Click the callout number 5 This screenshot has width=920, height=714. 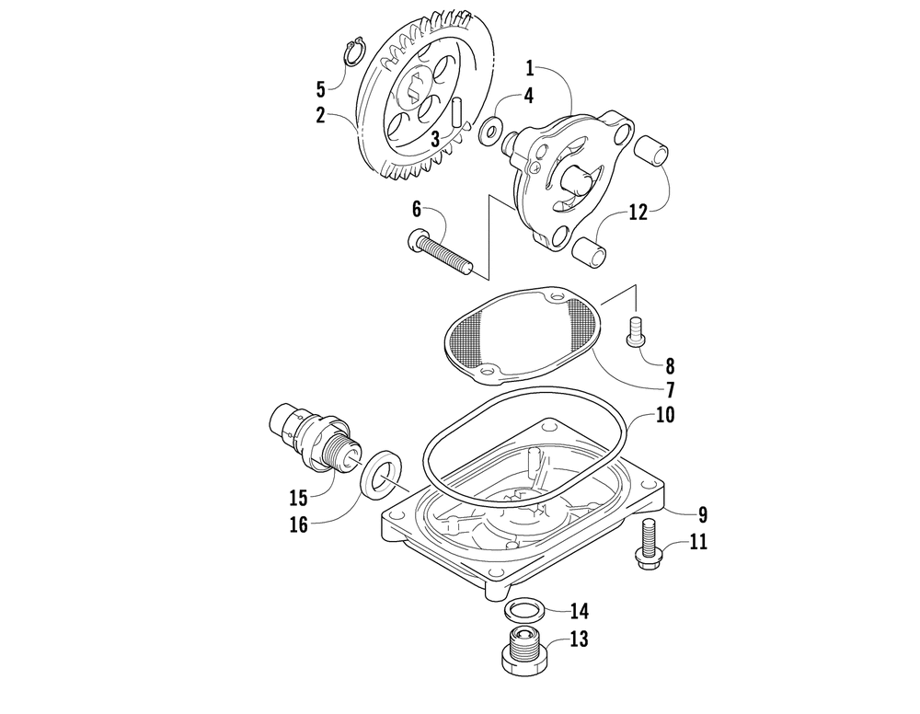pos(320,89)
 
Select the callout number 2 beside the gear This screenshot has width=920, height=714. pos(320,116)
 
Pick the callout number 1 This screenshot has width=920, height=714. pos(531,67)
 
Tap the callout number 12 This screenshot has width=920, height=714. pos(639,212)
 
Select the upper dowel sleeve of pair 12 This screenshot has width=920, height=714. pos(654,153)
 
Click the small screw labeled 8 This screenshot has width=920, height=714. pos(634,330)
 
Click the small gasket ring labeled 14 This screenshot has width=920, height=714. pos(522,610)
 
